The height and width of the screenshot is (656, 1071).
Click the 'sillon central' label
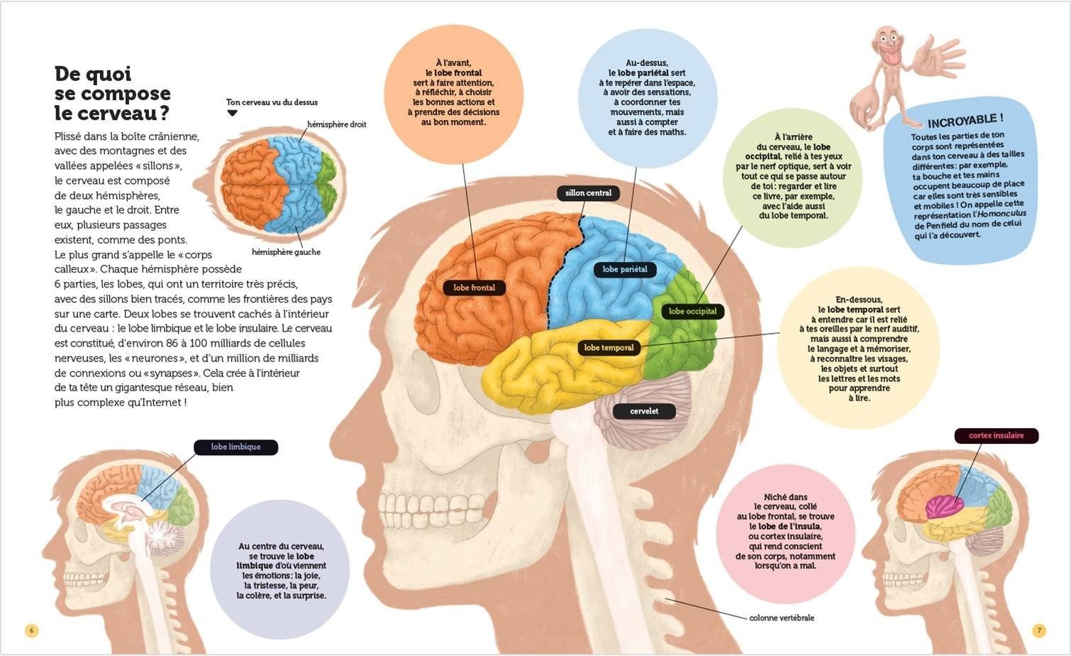click(x=588, y=193)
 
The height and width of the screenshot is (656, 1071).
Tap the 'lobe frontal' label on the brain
click(x=474, y=288)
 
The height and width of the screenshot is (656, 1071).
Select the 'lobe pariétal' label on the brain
click(x=624, y=269)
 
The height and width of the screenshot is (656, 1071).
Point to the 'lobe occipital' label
click(x=692, y=311)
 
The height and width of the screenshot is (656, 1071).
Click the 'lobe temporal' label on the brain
click(x=609, y=348)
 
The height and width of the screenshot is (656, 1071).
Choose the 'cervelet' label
click(x=644, y=411)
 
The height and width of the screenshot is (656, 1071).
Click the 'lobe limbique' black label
click(x=235, y=447)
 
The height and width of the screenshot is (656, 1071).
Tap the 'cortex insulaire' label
click(x=996, y=436)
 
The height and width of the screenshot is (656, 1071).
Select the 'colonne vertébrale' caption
click(x=781, y=618)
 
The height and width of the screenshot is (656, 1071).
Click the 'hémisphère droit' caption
click(x=336, y=125)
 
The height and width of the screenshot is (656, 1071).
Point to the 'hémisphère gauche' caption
click(x=286, y=252)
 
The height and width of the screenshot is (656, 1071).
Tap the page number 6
click(x=31, y=630)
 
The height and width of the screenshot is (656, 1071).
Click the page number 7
click(x=1038, y=630)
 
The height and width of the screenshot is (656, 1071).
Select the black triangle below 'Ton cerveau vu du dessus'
click(x=231, y=113)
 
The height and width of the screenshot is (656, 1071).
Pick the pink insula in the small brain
click(x=944, y=506)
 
